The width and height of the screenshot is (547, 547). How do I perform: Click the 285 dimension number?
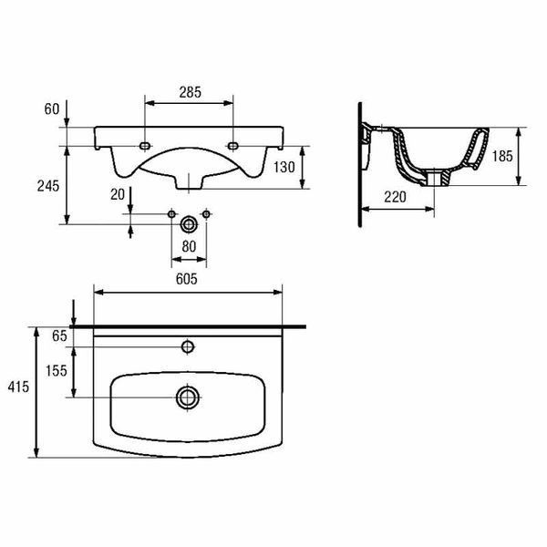point(191,92)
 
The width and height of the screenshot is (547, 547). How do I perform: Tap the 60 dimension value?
point(52,109)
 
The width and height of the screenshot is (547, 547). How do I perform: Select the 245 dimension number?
point(48,186)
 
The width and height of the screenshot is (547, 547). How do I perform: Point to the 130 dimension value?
point(284,167)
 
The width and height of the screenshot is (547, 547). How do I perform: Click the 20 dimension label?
point(118,195)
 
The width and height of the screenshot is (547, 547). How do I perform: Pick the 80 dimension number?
point(189,247)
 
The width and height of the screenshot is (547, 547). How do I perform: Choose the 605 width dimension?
point(187,279)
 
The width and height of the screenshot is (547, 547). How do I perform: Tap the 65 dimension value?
point(59,335)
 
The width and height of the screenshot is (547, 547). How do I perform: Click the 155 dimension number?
point(57,370)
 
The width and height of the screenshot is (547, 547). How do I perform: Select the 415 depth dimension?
point(18,387)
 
